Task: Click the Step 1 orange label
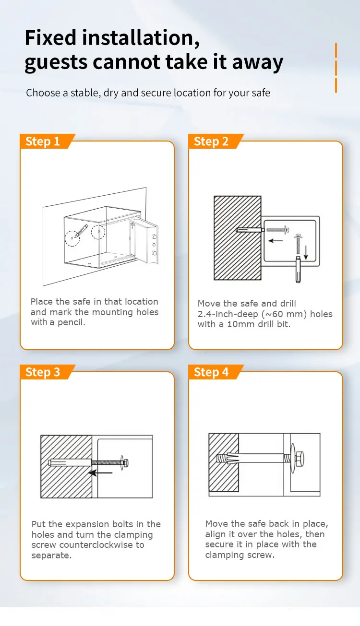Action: click(43, 142)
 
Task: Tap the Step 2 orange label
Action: click(211, 142)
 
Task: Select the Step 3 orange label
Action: click(43, 372)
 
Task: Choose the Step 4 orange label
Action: click(211, 372)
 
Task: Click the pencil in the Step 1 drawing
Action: click(81, 231)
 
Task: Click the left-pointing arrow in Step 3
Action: click(101, 473)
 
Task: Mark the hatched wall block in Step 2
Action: click(237, 237)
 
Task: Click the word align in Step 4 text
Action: click(215, 534)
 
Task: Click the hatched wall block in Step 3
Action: click(66, 466)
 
